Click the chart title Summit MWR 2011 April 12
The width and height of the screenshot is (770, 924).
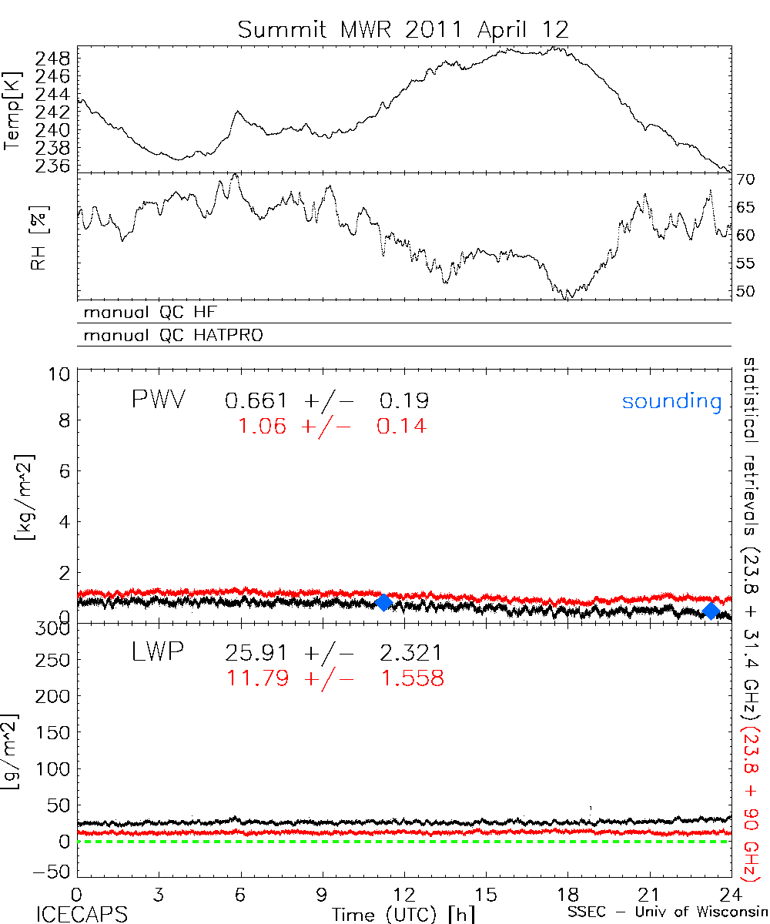[403, 29]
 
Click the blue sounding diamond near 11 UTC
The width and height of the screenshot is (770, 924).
[383, 602]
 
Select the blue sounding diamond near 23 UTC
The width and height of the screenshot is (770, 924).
[711, 611]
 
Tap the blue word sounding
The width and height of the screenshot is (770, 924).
[671, 401]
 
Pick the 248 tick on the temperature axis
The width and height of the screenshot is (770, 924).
[53, 59]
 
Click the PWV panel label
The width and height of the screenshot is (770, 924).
[158, 400]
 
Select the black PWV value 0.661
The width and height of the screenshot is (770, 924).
[255, 401]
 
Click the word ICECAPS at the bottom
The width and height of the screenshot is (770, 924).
[81, 913]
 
